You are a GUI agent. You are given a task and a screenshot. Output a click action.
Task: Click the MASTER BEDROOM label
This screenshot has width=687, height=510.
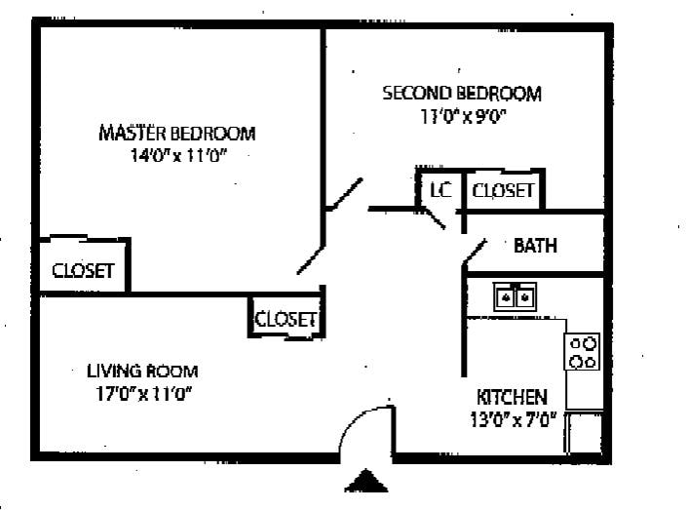pyautogui.click(x=176, y=134)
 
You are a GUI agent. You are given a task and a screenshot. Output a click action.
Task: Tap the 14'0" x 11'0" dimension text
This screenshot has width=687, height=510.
pyautogui.click(x=176, y=156)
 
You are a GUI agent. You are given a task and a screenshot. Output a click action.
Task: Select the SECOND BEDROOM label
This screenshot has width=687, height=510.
pyautogui.click(x=461, y=94)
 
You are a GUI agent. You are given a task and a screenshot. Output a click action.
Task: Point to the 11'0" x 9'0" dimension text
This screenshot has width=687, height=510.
pyautogui.click(x=461, y=116)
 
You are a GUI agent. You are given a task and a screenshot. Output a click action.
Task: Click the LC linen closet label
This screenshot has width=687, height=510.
pyautogui.click(x=440, y=190)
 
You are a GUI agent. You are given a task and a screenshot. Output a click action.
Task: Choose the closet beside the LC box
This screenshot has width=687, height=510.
pyautogui.click(x=503, y=190)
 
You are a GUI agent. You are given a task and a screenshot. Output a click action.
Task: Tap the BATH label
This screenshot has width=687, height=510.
pyautogui.click(x=535, y=246)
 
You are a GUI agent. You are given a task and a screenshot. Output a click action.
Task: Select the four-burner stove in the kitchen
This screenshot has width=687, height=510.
pyautogui.click(x=583, y=351)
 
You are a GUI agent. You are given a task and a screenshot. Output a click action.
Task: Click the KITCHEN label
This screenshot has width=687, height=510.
pyautogui.click(x=511, y=397)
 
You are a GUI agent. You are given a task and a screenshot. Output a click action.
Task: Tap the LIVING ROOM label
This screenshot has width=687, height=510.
pyautogui.click(x=142, y=371)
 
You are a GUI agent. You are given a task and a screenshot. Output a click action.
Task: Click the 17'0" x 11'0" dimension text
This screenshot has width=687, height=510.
pyautogui.click(x=142, y=394)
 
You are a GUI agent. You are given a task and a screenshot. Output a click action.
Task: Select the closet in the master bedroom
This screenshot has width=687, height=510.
pyautogui.click(x=83, y=270)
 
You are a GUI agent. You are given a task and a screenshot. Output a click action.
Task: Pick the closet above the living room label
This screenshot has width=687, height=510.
pyautogui.click(x=286, y=319)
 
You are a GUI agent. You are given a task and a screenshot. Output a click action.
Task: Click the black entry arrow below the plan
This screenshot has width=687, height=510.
pyautogui.click(x=366, y=481)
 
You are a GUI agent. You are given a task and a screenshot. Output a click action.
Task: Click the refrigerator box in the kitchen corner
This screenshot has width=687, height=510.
pyautogui.click(x=584, y=431)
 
